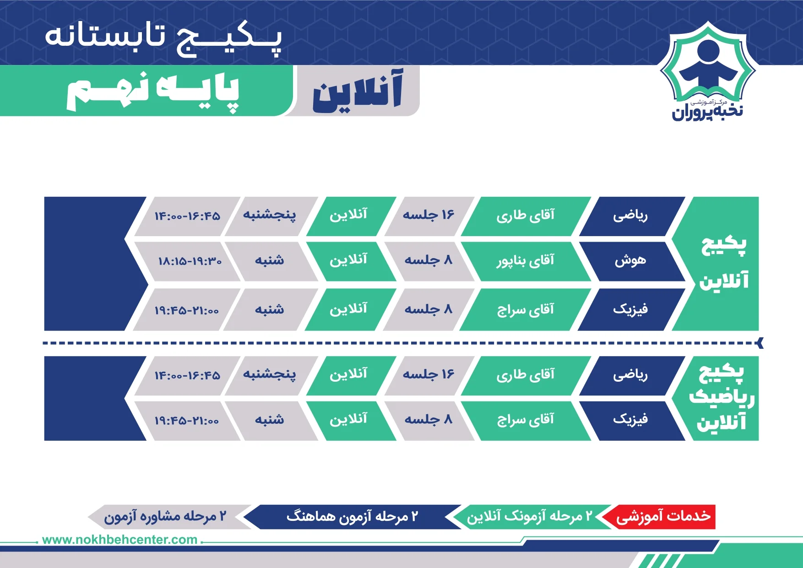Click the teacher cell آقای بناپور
coord(526,261)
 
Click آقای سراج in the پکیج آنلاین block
coord(526,310)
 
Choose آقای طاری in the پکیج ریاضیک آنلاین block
coord(526,375)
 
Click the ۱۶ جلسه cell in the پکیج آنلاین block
coord(429,216)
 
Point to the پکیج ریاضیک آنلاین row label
coord(722,398)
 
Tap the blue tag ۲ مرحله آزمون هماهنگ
coord(352,517)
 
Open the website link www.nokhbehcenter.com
coord(119,540)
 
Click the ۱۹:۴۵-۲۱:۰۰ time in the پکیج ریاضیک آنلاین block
coord(187,420)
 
